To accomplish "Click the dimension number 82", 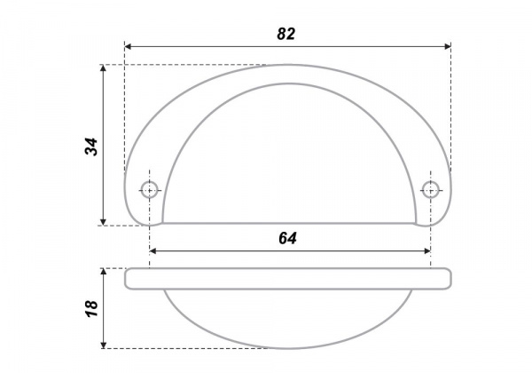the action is [286, 34].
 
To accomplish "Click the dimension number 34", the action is [91, 147].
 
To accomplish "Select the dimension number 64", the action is [287, 239].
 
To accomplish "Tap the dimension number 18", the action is [91, 309].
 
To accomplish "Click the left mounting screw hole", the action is [149, 189].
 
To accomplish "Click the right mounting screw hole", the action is [431, 189].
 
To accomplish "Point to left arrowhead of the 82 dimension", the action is [128, 46].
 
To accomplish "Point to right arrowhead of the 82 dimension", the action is [448, 46].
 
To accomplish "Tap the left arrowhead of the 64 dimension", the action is [153, 251].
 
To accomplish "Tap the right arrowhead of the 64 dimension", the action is [427, 251].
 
